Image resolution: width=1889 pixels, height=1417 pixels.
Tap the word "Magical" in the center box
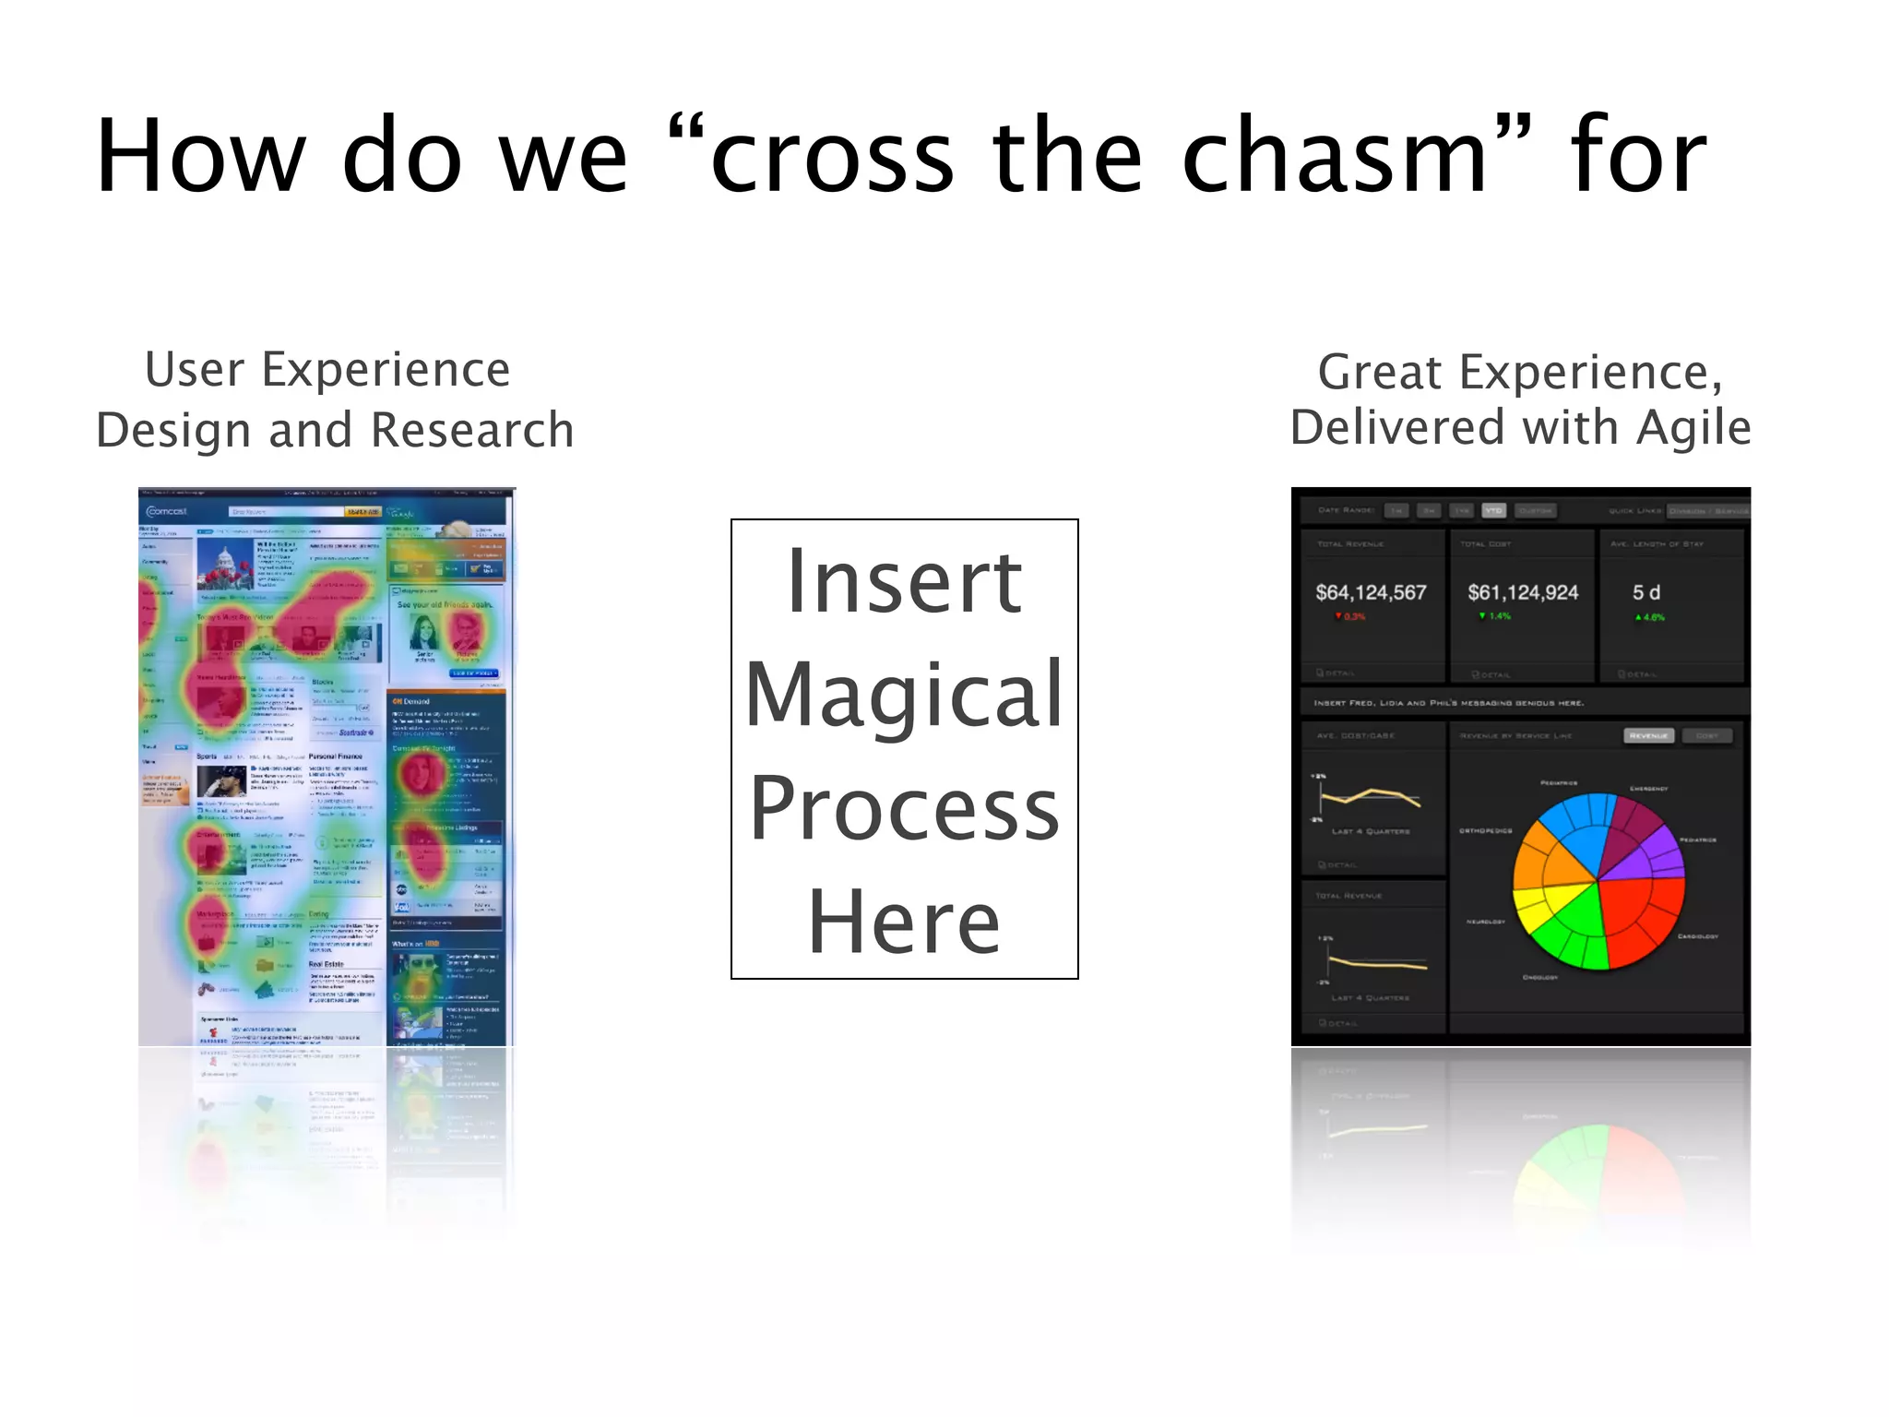[x=904, y=694]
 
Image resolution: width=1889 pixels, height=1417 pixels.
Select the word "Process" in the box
[x=904, y=808]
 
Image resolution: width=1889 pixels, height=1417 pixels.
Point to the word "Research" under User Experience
[x=472, y=431]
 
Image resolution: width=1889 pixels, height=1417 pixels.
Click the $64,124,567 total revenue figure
[x=1371, y=592]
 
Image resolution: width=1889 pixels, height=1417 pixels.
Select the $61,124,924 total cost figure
[x=1523, y=592]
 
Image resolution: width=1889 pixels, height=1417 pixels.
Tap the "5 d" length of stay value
[x=1645, y=592]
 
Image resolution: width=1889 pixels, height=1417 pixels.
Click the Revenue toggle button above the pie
[x=1648, y=735]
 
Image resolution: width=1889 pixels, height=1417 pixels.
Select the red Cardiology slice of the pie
[x=1646, y=913]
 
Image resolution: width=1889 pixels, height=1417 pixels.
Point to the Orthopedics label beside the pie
[x=1485, y=830]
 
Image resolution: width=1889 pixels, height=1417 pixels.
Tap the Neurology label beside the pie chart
[x=1486, y=922]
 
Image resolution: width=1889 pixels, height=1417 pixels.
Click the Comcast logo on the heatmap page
[x=167, y=511]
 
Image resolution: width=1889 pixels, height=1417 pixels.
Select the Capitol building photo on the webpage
[x=224, y=566]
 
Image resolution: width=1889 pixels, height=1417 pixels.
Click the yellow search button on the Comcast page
[x=362, y=511]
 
